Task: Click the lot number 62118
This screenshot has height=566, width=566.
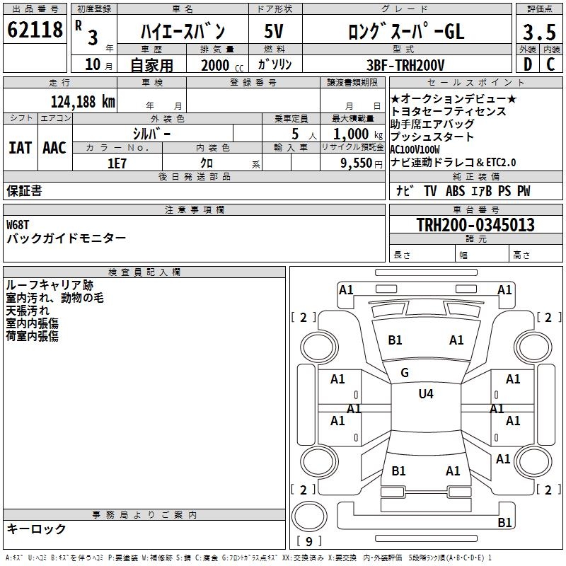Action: click(x=35, y=30)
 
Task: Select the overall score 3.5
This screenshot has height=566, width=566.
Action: click(x=538, y=33)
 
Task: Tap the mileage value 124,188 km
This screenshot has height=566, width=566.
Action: click(x=83, y=101)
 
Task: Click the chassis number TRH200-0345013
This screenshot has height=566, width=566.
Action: click(x=475, y=225)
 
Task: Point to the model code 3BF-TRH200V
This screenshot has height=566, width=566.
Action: click(x=405, y=64)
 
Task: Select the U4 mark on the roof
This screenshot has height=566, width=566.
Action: click(x=426, y=394)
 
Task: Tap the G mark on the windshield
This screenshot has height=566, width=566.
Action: click(x=405, y=373)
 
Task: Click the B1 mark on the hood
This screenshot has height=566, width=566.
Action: click(x=395, y=340)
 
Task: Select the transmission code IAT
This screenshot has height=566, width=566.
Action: click(x=20, y=147)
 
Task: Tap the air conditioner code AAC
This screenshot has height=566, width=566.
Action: click(x=54, y=147)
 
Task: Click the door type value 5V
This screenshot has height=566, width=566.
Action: click(x=274, y=32)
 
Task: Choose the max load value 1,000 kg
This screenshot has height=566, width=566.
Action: click(x=352, y=134)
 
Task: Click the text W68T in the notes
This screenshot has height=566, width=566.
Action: click(x=21, y=224)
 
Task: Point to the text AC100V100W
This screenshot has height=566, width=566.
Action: click(x=415, y=150)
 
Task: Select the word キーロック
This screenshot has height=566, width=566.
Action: click(x=36, y=529)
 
